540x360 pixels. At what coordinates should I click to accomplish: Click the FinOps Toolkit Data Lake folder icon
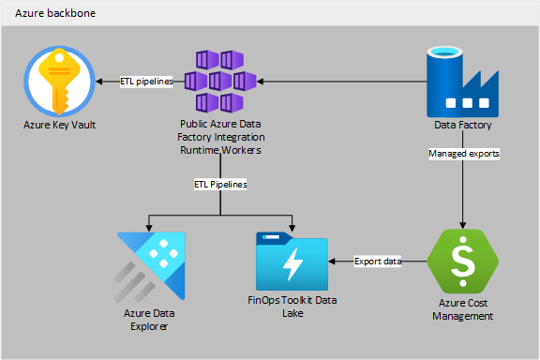292,262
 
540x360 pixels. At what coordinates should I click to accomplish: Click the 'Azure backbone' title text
54,15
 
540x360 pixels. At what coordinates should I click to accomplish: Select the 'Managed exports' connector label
463,152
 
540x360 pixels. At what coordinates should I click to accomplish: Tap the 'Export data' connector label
378,262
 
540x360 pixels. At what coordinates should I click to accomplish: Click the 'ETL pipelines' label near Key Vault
147,82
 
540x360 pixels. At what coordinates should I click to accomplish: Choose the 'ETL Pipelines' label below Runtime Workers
220,185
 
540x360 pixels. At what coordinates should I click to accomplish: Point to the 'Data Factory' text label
463,124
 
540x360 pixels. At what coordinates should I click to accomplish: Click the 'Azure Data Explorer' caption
149,319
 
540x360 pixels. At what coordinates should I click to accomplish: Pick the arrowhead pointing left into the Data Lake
333,262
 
